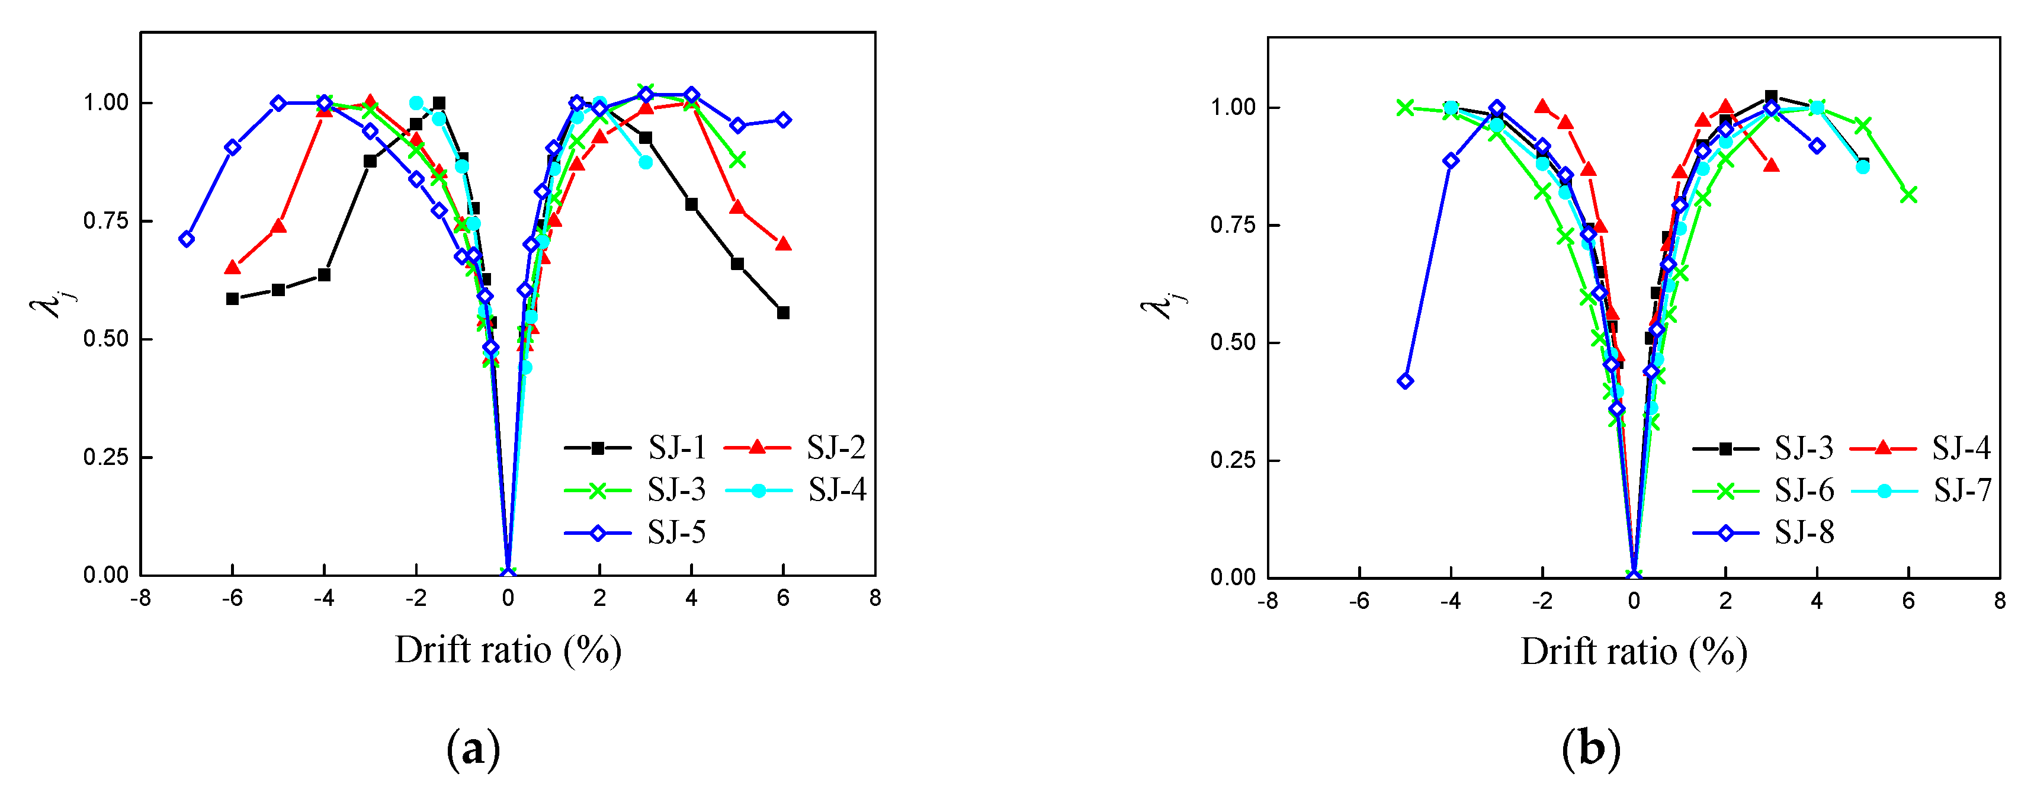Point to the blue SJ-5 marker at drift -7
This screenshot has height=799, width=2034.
[x=187, y=239]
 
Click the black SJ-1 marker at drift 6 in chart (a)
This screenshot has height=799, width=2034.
[x=783, y=313]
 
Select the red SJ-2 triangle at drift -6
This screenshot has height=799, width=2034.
[x=232, y=268]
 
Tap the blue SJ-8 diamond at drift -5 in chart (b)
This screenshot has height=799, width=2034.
[x=1405, y=381]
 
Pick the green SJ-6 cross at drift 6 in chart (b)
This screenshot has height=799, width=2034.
[x=1908, y=194]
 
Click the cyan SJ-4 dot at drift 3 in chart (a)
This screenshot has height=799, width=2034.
[x=645, y=162]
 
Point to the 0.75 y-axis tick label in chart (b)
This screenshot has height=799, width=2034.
[x=1233, y=225]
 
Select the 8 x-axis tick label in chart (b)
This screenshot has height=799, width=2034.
[x=1999, y=602]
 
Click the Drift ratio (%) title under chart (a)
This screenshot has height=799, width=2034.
[x=508, y=650]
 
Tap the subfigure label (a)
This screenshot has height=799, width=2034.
[x=473, y=747]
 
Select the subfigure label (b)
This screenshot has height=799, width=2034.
[x=1590, y=747]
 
